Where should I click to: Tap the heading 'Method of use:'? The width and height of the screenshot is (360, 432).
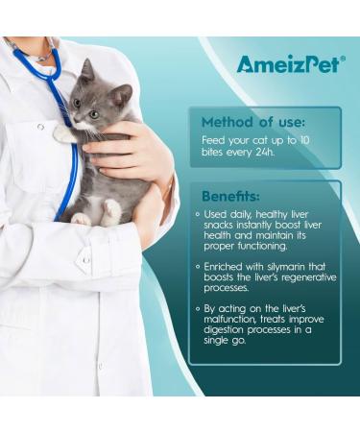252,122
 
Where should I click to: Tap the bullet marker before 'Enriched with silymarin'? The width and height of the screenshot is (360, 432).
197,266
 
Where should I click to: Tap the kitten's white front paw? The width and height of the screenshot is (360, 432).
64,136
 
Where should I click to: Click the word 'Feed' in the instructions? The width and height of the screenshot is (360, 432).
213,141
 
